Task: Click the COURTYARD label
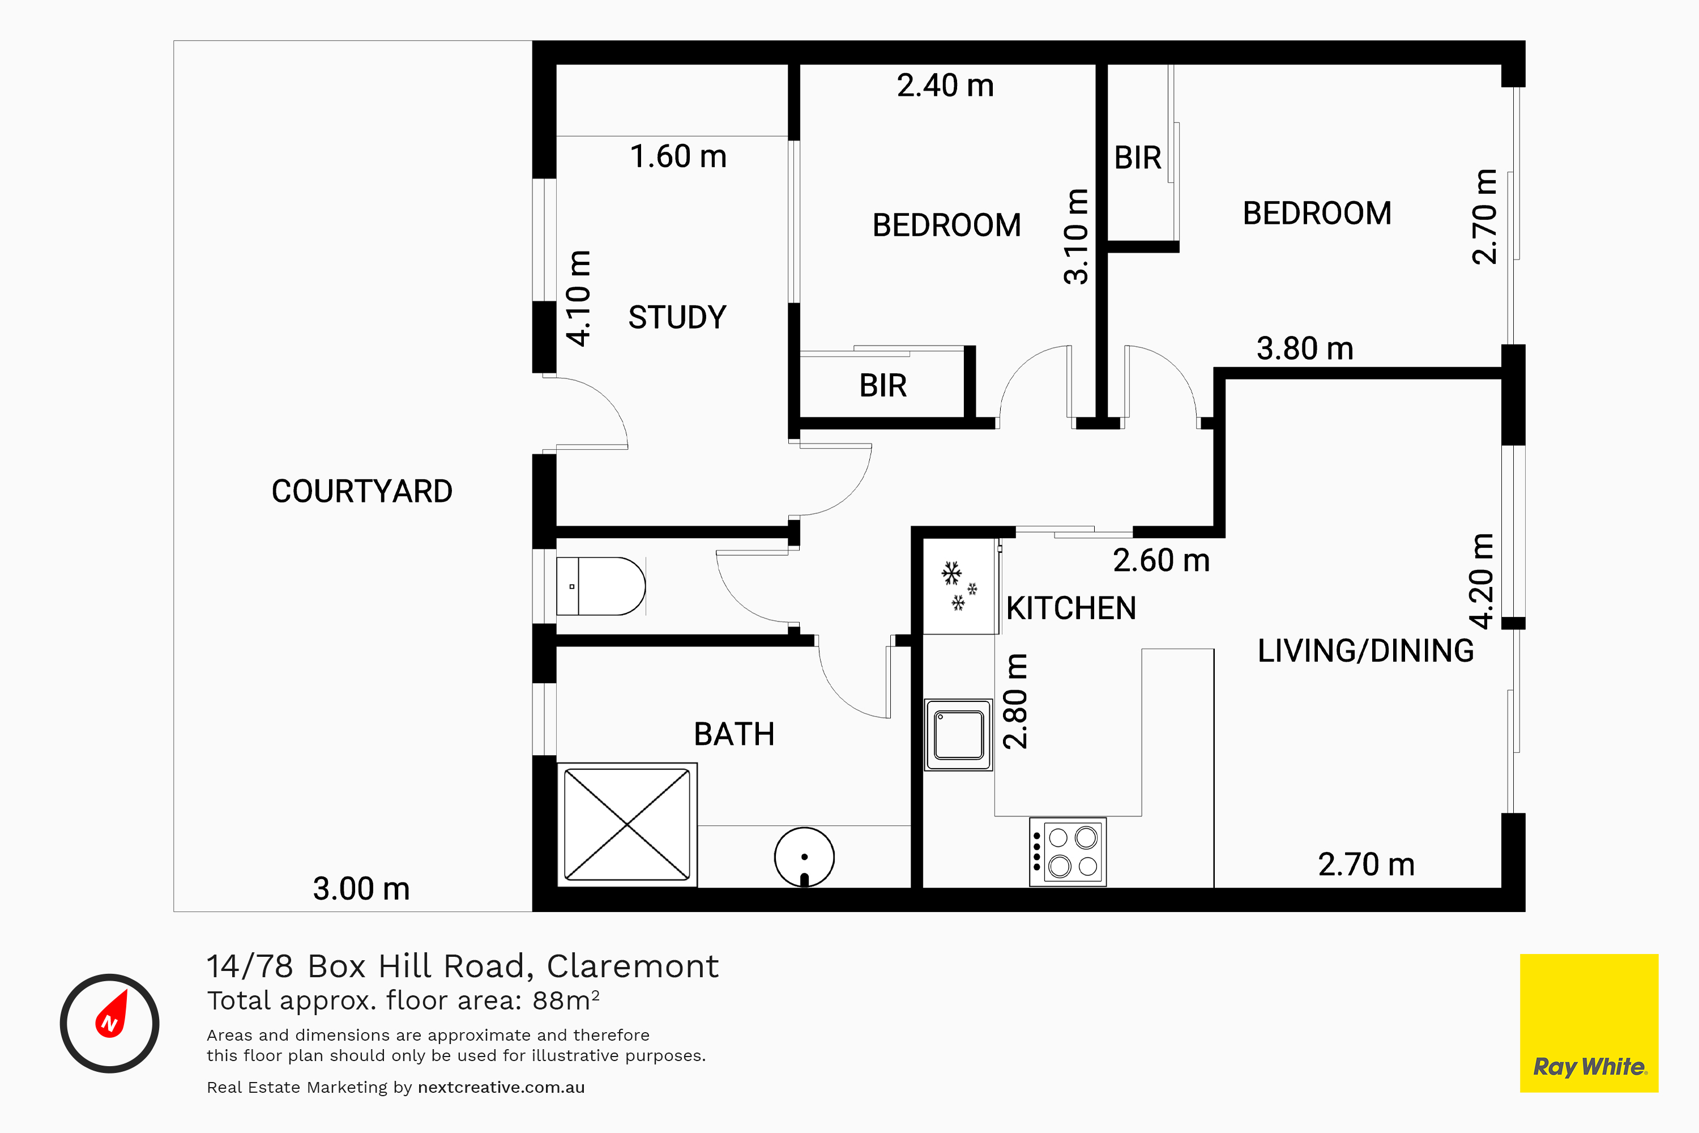pyautogui.click(x=362, y=491)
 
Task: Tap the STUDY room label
pyautogui.click(x=677, y=317)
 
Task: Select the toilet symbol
pyautogui.click(x=600, y=586)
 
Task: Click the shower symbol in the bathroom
pyautogui.click(x=627, y=824)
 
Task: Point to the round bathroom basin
pyautogui.click(x=804, y=857)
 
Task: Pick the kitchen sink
pyautogui.click(x=959, y=735)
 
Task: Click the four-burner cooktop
pyautogui.click(x=1068, y=852)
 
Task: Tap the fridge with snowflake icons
pyautogui.click(x=960, y=586)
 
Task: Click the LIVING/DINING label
pyautogui.click(x=1365, y=650)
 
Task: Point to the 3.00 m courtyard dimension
pyautogui.click(x=361, y=889)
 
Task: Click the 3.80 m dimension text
pyautogui.click(x=1305, y=348)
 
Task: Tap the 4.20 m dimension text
pyautogui.click(x=1482, y=581)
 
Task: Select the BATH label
pyautogui.click(x=734, y=734)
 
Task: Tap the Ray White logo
pyautogui.click(x=1589, y=1023)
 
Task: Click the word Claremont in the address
pyautogui.click(x=632, y=966)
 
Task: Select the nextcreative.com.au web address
pyautogui.click(x=501, y=1088)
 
